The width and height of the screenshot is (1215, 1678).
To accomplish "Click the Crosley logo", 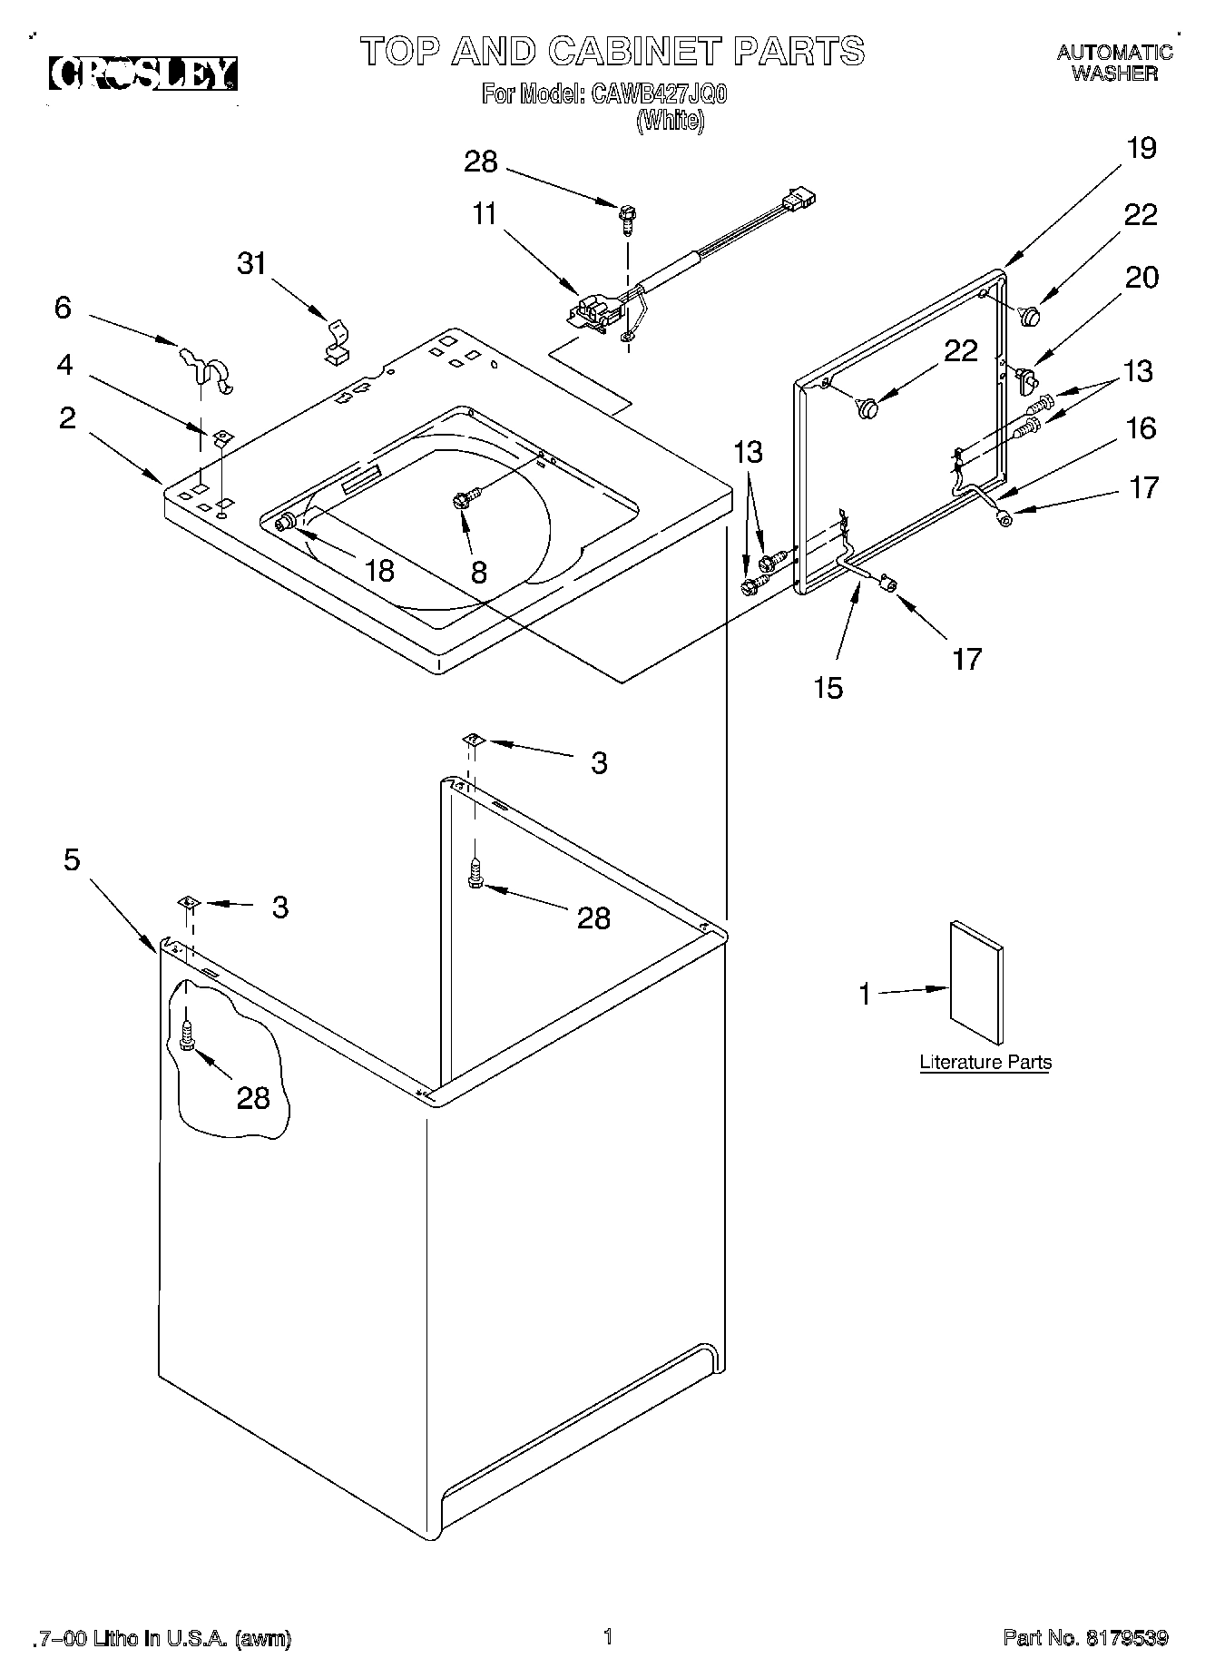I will tap(143, 74).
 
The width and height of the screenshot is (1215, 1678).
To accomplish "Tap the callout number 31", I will tap(251, 263).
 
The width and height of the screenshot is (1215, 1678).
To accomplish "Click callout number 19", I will tap(1141, 148).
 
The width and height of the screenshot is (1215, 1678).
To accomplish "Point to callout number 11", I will tap(485, 214).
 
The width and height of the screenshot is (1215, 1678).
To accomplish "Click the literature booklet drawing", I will tap(976, 983).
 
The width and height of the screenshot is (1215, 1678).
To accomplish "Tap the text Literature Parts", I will tap(985, 1062).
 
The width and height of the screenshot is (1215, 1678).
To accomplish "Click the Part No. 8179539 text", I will tap(1085, 1637).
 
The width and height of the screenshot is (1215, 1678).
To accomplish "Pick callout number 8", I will tap(478, 572).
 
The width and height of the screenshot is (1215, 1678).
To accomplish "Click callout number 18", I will tap(378, 570).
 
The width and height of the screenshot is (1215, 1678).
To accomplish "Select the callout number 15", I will tap(828, 688).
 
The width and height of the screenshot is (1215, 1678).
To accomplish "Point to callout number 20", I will tap(1141, 277).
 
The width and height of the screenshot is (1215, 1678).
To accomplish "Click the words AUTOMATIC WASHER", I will tap(1114, 64).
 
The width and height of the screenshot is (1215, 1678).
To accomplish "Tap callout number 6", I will tap(62, 308).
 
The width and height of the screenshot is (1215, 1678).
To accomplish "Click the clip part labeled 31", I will tap(337, 342).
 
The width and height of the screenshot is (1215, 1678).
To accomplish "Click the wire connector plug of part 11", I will tap(799, 198).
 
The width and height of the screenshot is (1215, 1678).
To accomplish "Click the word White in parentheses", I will tap(670, 121).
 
